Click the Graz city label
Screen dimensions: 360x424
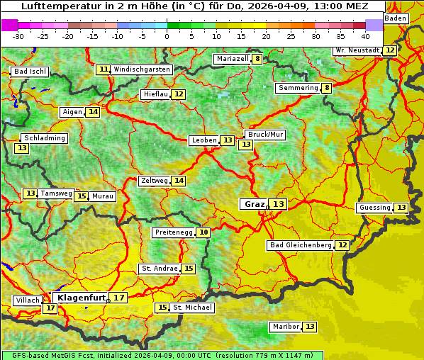pos(254,204)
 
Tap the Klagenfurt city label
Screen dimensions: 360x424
pos(80,298)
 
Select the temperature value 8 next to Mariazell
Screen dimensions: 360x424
pos(257,59)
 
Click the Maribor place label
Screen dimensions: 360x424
pos(285,327)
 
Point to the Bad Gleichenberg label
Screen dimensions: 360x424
pos(300,245)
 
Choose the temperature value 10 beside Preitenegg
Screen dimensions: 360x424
pos(203,232)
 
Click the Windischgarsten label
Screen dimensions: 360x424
pos(142,69)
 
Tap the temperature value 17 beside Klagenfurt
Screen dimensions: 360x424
pos(118,298)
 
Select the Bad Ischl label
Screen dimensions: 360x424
pos(30,72)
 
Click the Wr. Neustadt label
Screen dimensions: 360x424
pos(357,50)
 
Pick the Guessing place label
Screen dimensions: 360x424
pos(374,208)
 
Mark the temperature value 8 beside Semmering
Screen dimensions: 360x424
pos(326,88)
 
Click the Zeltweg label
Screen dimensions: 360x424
pos(154,181)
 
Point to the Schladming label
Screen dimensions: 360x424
pos(44,138)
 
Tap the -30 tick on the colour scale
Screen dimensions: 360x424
pos(18,36)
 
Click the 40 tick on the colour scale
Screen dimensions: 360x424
pos(365,36)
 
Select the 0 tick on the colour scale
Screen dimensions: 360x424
pos(167,36)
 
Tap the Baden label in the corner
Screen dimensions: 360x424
pos(396,18)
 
